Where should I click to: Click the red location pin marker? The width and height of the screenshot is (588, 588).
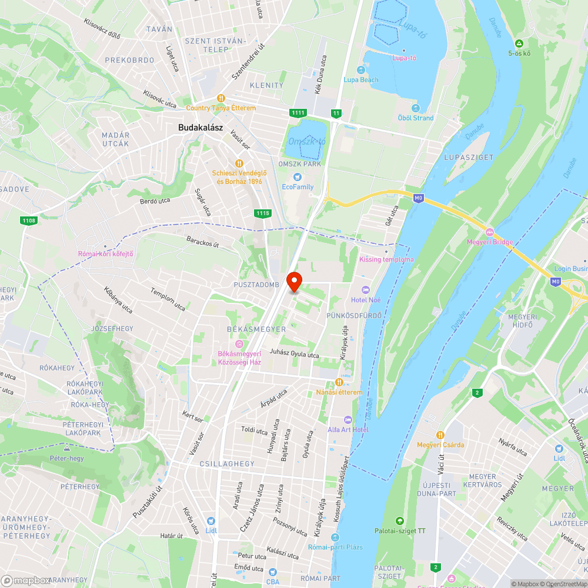point(294,281)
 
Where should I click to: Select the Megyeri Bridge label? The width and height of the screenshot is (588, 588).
point(490,242)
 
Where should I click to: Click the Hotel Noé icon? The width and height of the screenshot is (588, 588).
point(365,290)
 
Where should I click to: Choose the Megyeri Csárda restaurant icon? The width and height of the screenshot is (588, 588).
point(440,435)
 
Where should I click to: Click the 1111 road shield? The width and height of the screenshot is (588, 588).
point(298,112)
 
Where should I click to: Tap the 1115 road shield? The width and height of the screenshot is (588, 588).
point(263,213)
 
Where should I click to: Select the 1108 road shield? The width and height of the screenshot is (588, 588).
point(28,220)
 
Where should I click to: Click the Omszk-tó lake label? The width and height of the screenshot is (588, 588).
point(307,142)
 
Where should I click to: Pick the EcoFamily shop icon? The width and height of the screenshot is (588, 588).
point(298,176)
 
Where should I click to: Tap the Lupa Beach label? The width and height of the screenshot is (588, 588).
point(361,79)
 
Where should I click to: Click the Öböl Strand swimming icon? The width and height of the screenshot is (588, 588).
point(415,108)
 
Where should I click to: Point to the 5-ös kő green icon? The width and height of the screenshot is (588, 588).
point(519,44)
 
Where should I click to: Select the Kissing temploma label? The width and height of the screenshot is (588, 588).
point(386,259)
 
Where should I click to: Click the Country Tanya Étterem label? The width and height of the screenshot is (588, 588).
point(221,108)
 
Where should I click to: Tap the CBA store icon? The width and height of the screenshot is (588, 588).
point(272,572)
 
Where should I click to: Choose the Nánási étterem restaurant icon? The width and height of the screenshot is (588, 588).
point(339,382)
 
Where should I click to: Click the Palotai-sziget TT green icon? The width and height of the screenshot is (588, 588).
point(400,521)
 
